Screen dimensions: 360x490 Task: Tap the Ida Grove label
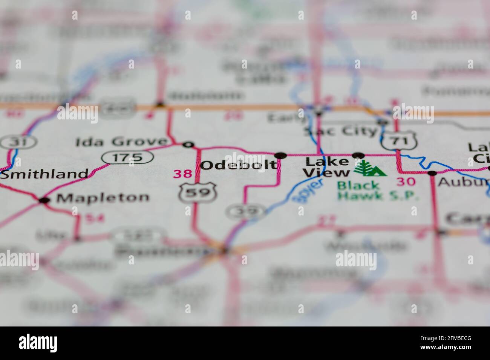pyautogui.click(x=121, y=142)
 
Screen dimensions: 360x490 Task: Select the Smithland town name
pyautogui.click(x=44, y=174)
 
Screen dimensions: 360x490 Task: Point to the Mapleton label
pyautogui.click(x=103, y=197)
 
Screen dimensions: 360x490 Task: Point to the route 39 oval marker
pyautogui.click(x=246, y=212)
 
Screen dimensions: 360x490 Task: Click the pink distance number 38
pyautogui.click(x=182, y=174)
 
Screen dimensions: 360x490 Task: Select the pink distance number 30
pyautogui.click(x=406, y=182)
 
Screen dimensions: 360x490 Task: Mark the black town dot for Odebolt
pyautogui.click(x=280, y=155)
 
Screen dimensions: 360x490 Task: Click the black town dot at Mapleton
pyautogui.click(x=44, y=200)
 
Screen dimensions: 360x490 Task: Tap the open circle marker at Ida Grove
pyautogui.click(x=187, y=144)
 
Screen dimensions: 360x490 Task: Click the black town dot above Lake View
pyautogui.click(x=358, y=155)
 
